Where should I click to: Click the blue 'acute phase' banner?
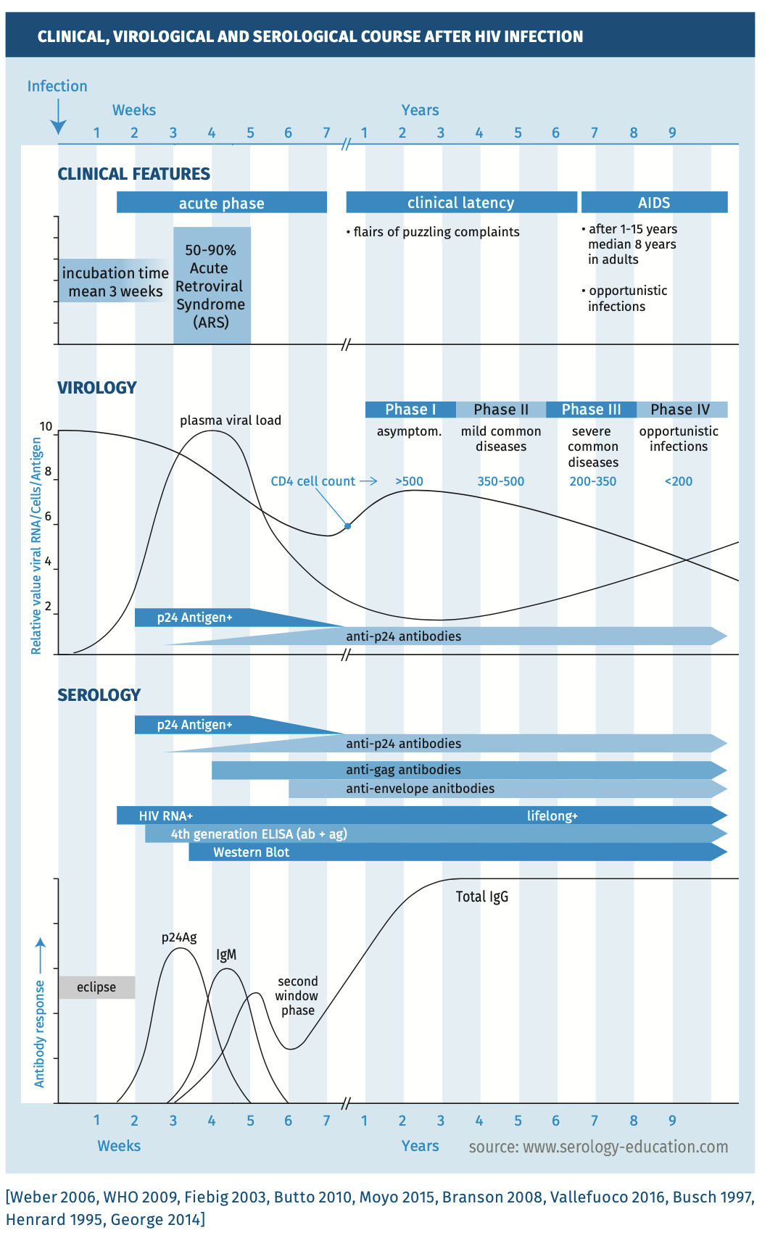point(221,203)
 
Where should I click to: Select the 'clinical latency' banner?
point(461,202)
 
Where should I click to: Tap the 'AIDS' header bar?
point(654,202)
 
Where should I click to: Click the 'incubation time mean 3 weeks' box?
point(115,282)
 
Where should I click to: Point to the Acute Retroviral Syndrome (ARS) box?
point(212,286)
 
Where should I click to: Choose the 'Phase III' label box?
point(591,410)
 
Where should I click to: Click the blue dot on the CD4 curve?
point(348,525)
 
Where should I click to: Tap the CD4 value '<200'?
point(679,481)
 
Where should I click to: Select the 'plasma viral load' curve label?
point(231,420)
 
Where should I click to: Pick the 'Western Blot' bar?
point(251,852)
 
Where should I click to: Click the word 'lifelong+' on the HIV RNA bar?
point(552,816)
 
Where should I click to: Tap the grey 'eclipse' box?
point(96,987)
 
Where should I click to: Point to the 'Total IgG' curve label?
point(482,897)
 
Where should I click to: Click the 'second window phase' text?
point(297,996)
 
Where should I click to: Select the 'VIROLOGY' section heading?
point(97,388)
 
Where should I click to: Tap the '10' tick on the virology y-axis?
point(46,426)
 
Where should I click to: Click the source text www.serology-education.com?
point(598,1147)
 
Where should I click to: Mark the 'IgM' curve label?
point(226,955)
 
